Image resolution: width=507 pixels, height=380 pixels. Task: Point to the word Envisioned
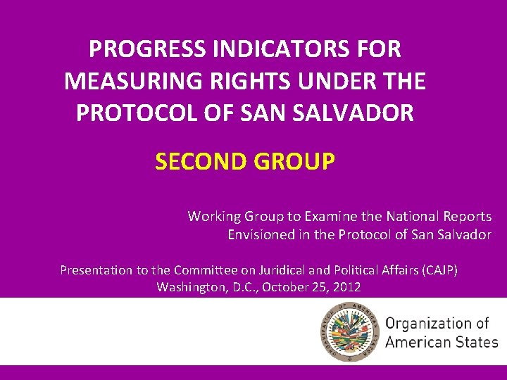(260, 235)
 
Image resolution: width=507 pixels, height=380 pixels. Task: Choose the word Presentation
(96, 270)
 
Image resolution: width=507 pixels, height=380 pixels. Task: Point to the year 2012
(346, 287)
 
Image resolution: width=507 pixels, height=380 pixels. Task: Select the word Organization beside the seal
(429, 323)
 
